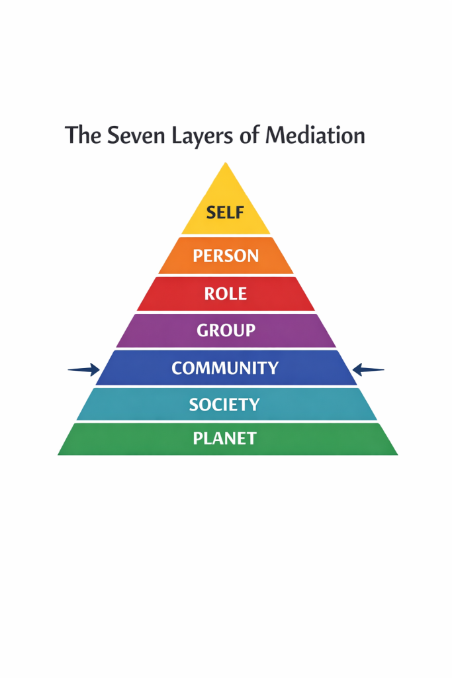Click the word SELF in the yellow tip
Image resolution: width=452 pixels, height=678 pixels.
226,213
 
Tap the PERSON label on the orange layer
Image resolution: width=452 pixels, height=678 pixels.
226,256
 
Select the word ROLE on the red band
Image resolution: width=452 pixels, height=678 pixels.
226,293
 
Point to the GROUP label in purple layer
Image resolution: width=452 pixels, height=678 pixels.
226,330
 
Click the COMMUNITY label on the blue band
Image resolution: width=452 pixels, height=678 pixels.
225,368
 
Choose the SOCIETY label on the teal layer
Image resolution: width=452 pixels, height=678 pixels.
224,405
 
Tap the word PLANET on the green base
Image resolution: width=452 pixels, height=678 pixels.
224,438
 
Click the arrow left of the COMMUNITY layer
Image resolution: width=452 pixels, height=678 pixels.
84,370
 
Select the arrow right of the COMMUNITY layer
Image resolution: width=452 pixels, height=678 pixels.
367,370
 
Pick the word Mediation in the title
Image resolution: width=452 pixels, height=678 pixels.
315,136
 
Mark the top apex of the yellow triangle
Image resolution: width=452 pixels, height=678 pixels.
226,163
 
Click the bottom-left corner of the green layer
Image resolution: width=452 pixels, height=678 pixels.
58,454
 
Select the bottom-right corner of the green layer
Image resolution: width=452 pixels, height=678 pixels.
398,454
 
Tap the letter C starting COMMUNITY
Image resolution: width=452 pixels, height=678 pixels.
177,368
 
